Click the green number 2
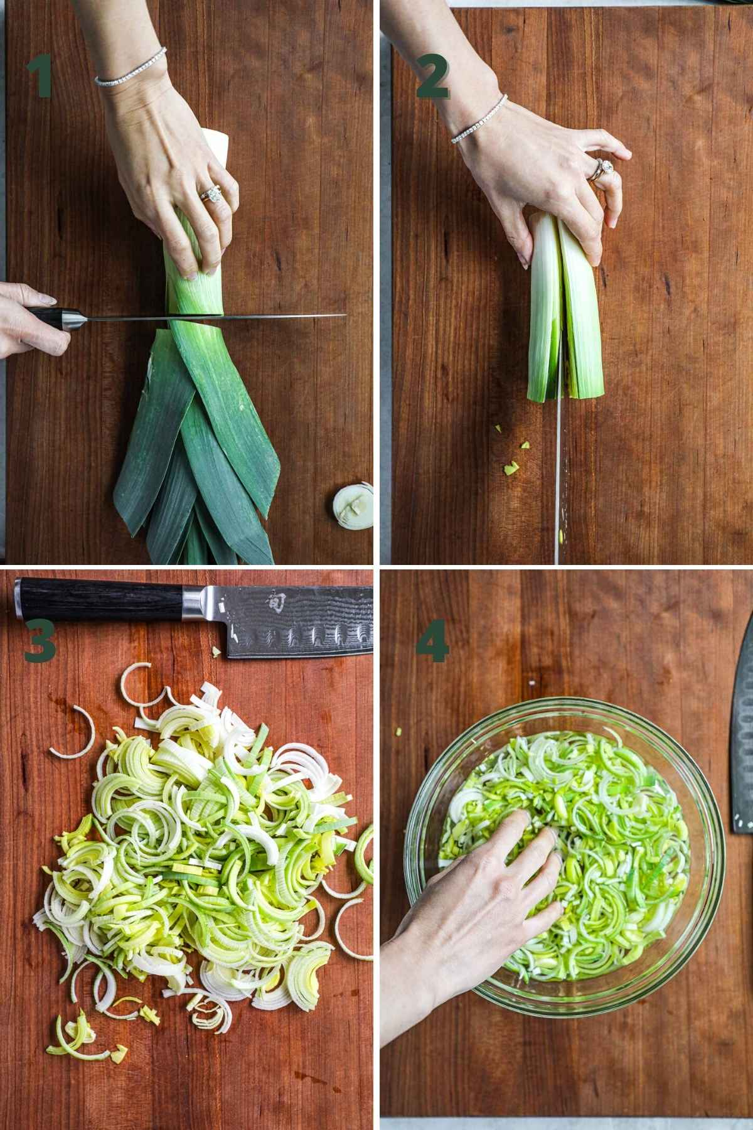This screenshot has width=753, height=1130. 433,78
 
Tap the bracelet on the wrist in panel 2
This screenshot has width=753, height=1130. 478,119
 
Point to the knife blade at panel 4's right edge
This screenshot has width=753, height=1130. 743,728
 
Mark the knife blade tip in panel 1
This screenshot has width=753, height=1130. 346,315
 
